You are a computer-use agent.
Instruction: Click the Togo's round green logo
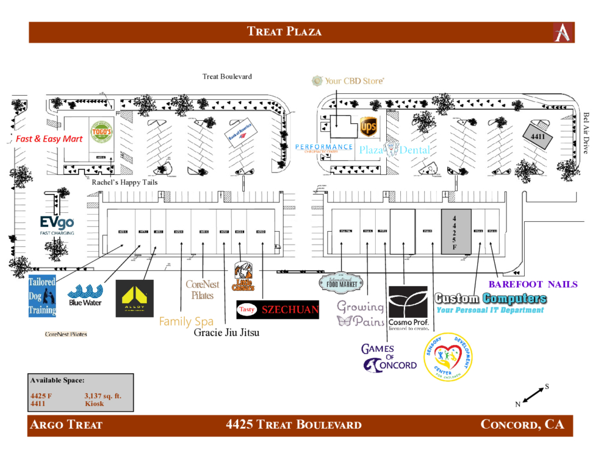pos(100,133)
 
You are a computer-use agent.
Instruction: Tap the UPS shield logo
pos(368,126)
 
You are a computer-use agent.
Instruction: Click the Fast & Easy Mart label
pos(49,139)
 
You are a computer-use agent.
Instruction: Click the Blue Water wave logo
pos(85,295)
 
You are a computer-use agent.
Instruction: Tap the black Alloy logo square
pos(134,299)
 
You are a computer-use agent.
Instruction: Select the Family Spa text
pos(186,321)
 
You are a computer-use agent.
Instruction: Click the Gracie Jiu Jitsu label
pos(227,333)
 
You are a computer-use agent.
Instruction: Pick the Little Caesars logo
pos(243,277)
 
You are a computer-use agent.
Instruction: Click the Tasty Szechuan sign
pos(277,309)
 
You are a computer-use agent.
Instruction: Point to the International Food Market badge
pos(342,283)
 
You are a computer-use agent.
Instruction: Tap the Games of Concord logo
pos(389,358)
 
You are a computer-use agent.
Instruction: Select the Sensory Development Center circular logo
pos(448,357)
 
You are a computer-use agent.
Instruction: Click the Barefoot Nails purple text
pos(533,285)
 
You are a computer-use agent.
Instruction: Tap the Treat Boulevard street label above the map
pos(227,77)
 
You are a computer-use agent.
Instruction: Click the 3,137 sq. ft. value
pos(103,396)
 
